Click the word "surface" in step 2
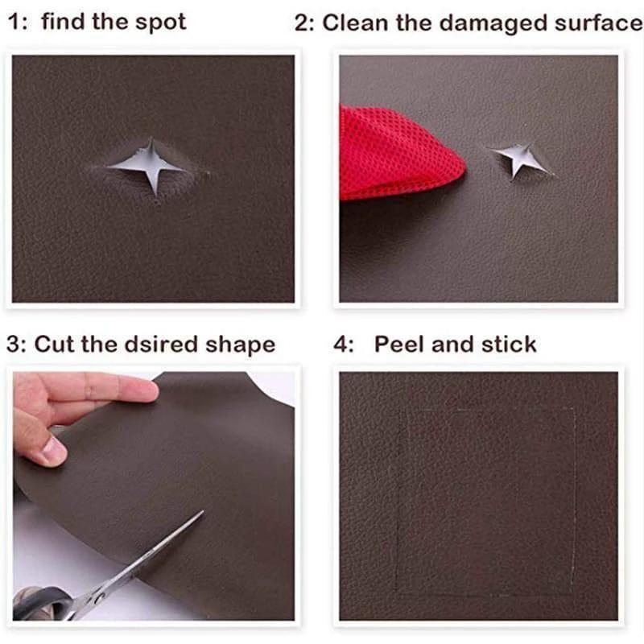[597, 23]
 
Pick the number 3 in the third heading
[14, 345]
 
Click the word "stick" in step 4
[510, 345]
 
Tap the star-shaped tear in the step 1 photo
[151, 165]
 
